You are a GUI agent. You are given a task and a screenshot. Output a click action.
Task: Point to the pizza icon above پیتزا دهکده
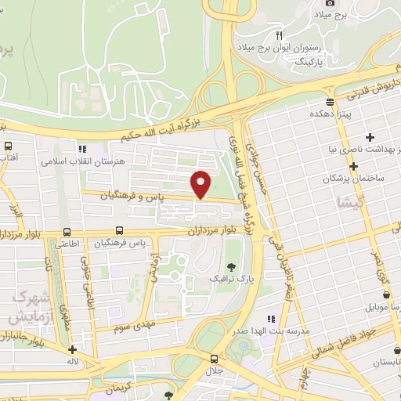coord(330,101)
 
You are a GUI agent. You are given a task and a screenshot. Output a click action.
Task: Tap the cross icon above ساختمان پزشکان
coord(354,166)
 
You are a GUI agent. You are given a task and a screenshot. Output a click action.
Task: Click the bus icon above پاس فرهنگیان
coord(119,231)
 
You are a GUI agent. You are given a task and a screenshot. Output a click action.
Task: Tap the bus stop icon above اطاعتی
coord(67,232)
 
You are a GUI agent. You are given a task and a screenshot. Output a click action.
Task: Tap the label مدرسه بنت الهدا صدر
coord(270,331)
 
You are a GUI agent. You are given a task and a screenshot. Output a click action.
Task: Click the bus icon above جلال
coord(214,356)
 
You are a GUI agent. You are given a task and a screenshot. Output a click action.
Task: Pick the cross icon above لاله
coord(72,350)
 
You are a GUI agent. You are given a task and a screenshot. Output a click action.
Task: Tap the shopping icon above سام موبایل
coord(386,294)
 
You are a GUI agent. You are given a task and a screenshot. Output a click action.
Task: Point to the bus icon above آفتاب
coord(9,146)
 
